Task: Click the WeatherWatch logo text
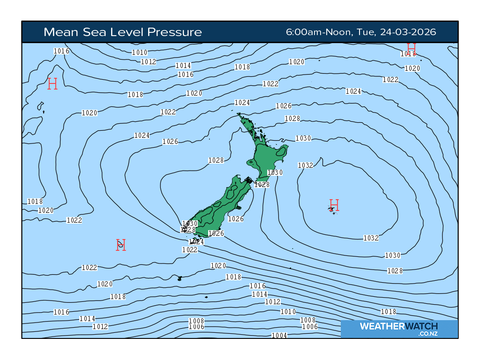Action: [398, 326]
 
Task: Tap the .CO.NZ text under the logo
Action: [427, 334]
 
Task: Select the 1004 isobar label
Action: [279, 335]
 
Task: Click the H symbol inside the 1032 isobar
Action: [334, 205]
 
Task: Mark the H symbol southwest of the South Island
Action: [121, 245]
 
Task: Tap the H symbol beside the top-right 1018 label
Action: [412, 47]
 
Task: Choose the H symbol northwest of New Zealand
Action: [52, 84]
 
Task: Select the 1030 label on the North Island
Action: [275, 172]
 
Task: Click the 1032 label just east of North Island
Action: [306, 165]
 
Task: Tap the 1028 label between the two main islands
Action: [262, 185]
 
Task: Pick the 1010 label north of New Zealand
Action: [140, 52]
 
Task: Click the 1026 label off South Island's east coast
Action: [236, 219]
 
